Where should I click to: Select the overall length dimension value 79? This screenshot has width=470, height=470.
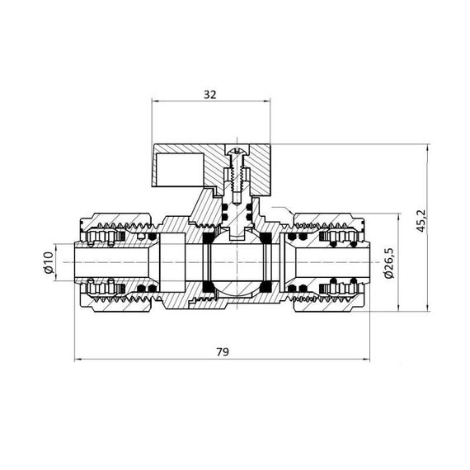(222, 351)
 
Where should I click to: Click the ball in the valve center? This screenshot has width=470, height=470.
(233, 264)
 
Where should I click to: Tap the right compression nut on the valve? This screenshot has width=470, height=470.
(330, 264)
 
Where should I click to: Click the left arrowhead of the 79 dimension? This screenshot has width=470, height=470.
(78, 360)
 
